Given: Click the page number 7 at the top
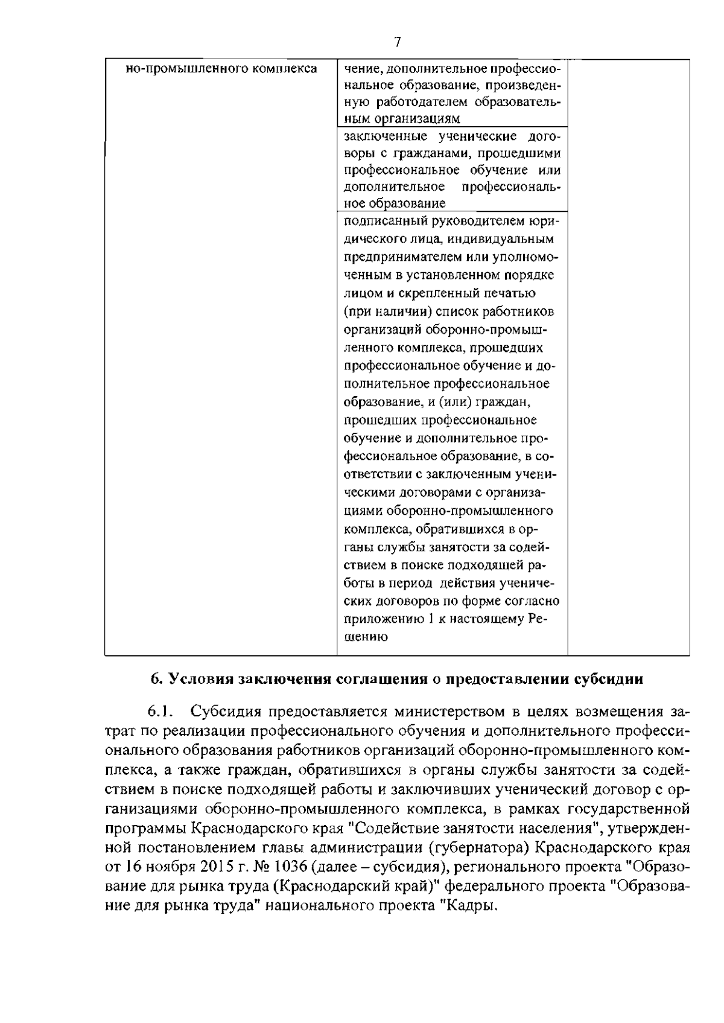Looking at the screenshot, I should point(397,42).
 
